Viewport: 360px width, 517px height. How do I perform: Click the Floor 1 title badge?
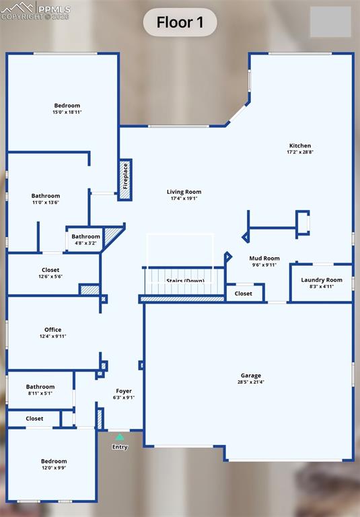pyautogui.click(x=180, y=22)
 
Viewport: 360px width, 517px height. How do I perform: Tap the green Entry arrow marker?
pyautogui.click(x=120, y=437)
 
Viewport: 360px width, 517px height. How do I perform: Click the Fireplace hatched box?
pyautogui.click(x=125, y=180)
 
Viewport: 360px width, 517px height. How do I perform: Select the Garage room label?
pyautogui.click(x=251, y=376)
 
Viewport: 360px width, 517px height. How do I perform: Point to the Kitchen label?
pyautogui.click(x=300, y=146)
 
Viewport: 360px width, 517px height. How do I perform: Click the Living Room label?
pyautogui.click(x=184, y=192)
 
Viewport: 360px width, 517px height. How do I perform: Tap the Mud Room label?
pyautogui.click(x=264, y=258)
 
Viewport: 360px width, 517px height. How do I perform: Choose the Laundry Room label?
pyautogui.click(x=322, y=279)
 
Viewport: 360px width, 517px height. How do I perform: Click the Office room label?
pyautogui.click(x=53, y=330)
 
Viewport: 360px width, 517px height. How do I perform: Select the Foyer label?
pyautogui.click(x=124, y=391)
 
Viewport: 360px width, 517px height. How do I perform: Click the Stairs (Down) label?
pyautogui.click(x=185, y=281)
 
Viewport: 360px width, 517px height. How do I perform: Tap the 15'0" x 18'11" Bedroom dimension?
pyautogui.click(x=67, y=112)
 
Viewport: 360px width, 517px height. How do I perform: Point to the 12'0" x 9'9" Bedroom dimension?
pyautogui.click(x=54, y=468)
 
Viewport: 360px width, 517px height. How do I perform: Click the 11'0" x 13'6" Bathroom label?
pyautogui.click(x=46, y=196)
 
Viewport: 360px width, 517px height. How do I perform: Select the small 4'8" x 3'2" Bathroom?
pyautogui.click(x=86, y=240)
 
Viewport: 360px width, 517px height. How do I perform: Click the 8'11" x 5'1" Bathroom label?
pyautogui.click(x=40, y=387)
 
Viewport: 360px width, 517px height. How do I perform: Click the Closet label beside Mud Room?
pyautogui.click(x=244, y=294)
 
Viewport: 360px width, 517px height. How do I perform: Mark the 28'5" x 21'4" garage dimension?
pyautogui.click(x=251, y=382)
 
